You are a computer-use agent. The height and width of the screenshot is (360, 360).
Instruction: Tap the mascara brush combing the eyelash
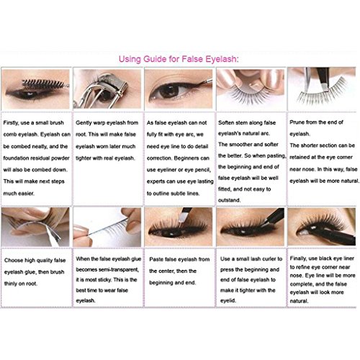click(x=45, y=84)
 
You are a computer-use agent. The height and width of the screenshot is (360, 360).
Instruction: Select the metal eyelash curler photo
click(x=107, y=89)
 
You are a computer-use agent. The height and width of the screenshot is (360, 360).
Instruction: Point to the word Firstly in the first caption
click(x=11, y=123)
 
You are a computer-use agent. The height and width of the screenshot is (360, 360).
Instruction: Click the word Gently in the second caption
click(x=84, y=123)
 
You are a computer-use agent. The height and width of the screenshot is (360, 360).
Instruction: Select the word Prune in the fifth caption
click(x=297, y=122)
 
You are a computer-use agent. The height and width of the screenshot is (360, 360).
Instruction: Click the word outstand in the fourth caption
click(x=229, y=200)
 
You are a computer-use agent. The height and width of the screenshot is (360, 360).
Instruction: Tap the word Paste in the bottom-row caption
click(x=156, y=259)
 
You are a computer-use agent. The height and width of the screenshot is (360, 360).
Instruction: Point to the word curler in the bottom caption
click(x=269, y=259)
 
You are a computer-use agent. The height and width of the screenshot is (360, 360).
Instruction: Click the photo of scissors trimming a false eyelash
click(x=322, y=89)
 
